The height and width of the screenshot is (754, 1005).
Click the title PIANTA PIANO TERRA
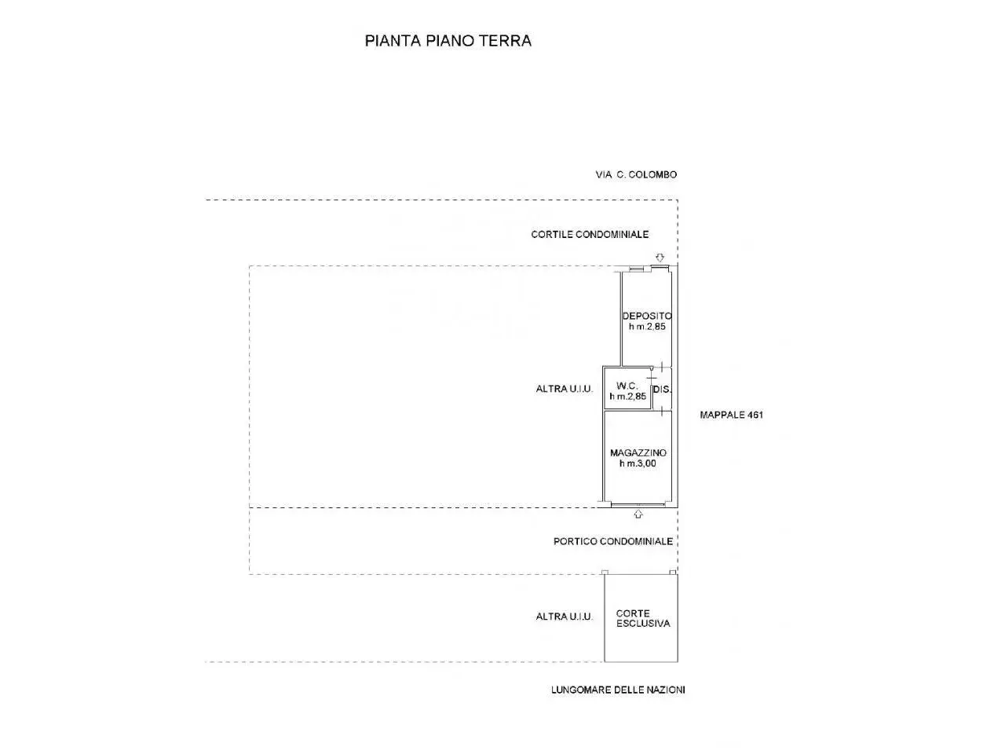(x=448, y=41)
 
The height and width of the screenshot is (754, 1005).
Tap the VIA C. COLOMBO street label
(x=636, y=174)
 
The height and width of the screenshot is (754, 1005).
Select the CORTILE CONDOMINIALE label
(x=590, y=234)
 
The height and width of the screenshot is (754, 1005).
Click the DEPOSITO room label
(x=647, y=316)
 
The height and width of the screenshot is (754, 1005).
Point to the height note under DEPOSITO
(x=647, y=327)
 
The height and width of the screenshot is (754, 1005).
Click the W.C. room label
(x=627, y=386)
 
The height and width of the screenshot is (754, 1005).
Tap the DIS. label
(x=662, y=390)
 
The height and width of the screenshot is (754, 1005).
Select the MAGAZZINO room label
(x=638, y=452)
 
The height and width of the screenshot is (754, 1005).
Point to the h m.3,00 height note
(x=638, y=463)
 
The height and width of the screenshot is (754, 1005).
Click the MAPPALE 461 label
(x=732, y=415)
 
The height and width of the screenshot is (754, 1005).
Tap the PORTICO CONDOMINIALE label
(x=613, y=542)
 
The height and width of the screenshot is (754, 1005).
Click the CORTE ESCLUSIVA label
(x=643, y=618)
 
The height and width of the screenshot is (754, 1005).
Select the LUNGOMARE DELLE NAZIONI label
(x=618, y=690)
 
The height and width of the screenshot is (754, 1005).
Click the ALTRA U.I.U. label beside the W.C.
(x=564, y=389)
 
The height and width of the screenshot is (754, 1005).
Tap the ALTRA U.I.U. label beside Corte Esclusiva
(x=564, y=617)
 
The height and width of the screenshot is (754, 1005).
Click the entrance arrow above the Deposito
(x=660, y=258)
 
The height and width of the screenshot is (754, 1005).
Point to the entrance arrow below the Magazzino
(x=638, y=514)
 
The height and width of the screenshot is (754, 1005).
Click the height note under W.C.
(x=627, y=397)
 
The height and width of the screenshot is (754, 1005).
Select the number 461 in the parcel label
(x=755, y=415)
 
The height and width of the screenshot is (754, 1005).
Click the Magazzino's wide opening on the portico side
(x=638, y=505)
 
